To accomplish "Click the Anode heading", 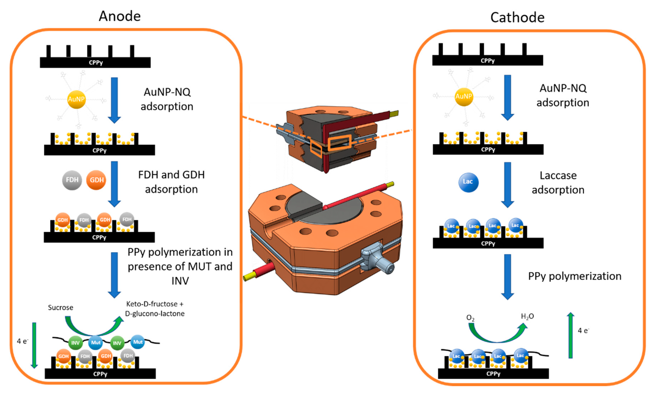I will coord(120,16).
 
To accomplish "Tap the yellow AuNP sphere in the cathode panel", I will coord(464,96).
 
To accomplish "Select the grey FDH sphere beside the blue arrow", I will coord(72,180).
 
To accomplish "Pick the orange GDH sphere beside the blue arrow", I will coord(96,180).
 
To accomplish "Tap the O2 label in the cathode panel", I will coord(470,318).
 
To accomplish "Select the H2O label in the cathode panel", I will coord(527,317).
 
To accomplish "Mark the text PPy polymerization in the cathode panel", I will coord(575,276).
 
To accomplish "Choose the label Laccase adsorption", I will coord(558,183).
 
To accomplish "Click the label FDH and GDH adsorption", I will coord(171,182).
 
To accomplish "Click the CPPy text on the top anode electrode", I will coord(96,63).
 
